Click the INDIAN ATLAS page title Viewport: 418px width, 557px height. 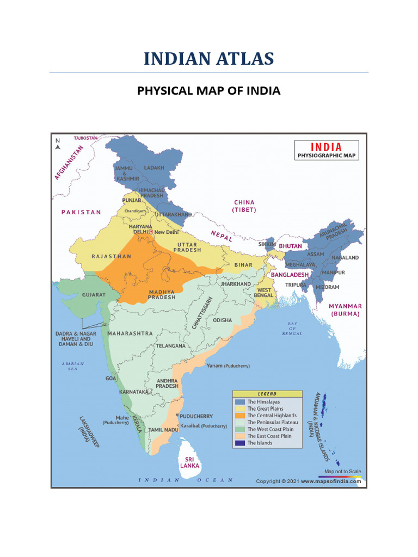point(208,58)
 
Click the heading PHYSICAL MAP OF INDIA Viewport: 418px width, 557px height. point(208,90)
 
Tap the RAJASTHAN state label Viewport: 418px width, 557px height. point(112,256)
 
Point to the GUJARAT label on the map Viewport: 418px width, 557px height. point(94,294)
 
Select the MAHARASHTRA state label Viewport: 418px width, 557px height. point(130,333)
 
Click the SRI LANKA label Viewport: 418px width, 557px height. point(190,462)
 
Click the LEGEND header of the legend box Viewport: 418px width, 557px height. point(267,394)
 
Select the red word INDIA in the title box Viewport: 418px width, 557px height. point(327,147)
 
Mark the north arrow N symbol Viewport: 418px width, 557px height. point(57,143)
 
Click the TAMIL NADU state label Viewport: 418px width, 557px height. point(163,430)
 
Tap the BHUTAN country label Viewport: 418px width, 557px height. point(290,246)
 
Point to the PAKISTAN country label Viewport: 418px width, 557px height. point(81,212)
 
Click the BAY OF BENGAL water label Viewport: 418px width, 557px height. point(292,328)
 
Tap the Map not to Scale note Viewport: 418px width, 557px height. point(342,472)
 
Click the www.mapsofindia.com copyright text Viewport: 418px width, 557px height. point(331,481)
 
